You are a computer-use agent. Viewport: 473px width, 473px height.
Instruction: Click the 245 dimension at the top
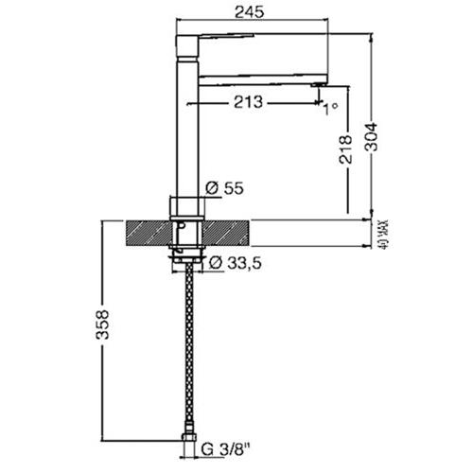[249, 12]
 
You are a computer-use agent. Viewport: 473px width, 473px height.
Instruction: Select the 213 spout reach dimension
[248, 102]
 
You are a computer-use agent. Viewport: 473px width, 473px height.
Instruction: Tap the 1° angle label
[330, 109]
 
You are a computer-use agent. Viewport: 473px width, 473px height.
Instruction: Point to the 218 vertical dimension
[345, 149]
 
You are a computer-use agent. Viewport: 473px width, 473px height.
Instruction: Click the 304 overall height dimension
[371, 137]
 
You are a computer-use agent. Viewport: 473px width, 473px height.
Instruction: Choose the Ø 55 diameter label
[224, 188]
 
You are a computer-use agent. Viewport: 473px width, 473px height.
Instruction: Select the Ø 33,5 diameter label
[236, 263]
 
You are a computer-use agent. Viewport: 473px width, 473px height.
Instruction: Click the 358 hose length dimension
[102, 324]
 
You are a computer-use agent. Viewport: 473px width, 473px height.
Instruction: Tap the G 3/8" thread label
[226, 449]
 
